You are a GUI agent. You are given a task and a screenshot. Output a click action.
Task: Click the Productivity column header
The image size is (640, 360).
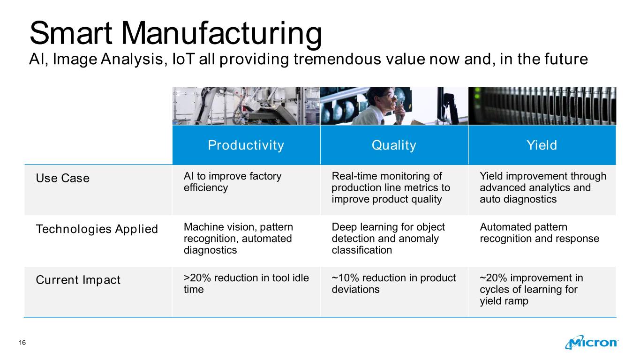coord(246,145)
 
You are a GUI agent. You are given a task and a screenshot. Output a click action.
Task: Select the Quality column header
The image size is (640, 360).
coord(394,145)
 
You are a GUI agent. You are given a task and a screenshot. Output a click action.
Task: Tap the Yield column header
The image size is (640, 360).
coord(542,145)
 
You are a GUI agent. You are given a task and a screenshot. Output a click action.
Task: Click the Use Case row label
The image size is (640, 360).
coord(62,178)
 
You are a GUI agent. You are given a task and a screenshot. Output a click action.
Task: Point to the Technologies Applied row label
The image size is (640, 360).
coord(97,229)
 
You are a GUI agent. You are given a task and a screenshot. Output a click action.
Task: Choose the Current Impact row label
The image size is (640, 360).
coord(78,280)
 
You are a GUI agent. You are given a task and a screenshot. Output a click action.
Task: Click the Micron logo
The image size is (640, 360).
coord(592,342)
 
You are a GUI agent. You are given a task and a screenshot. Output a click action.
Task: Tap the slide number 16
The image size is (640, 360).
coord(23,343)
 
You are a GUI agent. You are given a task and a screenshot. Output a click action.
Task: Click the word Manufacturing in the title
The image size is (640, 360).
coord(221,34)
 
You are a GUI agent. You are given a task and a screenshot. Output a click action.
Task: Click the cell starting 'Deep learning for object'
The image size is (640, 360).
coord(388,238)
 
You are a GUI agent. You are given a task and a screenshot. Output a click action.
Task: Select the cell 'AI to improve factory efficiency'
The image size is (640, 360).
coord(233,182)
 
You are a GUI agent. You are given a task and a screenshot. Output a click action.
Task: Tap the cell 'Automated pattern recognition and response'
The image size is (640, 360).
coord(539,232)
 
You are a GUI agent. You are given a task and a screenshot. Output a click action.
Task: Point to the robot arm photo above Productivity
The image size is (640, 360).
coord(246,106)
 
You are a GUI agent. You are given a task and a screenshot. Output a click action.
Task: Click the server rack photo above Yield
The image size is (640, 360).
coord(542,106)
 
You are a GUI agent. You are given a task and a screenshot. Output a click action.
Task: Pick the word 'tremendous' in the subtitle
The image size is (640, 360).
coord(337,59)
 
